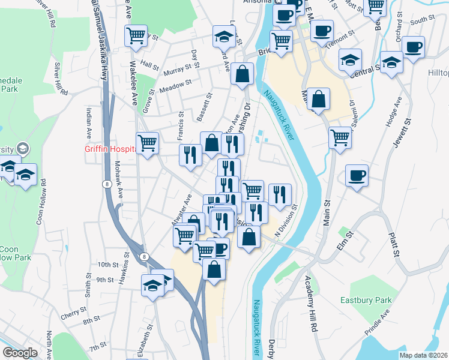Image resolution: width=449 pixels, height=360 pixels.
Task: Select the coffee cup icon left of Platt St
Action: pos(357,175)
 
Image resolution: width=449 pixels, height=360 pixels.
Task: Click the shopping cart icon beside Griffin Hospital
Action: pos(148,143)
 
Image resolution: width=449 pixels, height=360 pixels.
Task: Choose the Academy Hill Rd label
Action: pos(312,304)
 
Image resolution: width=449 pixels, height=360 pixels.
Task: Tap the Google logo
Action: pos(20,353)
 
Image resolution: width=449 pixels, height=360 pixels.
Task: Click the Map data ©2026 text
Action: pos(423,355)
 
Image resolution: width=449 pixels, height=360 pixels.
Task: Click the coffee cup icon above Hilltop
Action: pos(413,47)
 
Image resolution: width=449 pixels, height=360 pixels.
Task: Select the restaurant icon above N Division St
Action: pos(280,194)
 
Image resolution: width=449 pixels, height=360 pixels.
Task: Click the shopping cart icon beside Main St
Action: pos(340,138)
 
